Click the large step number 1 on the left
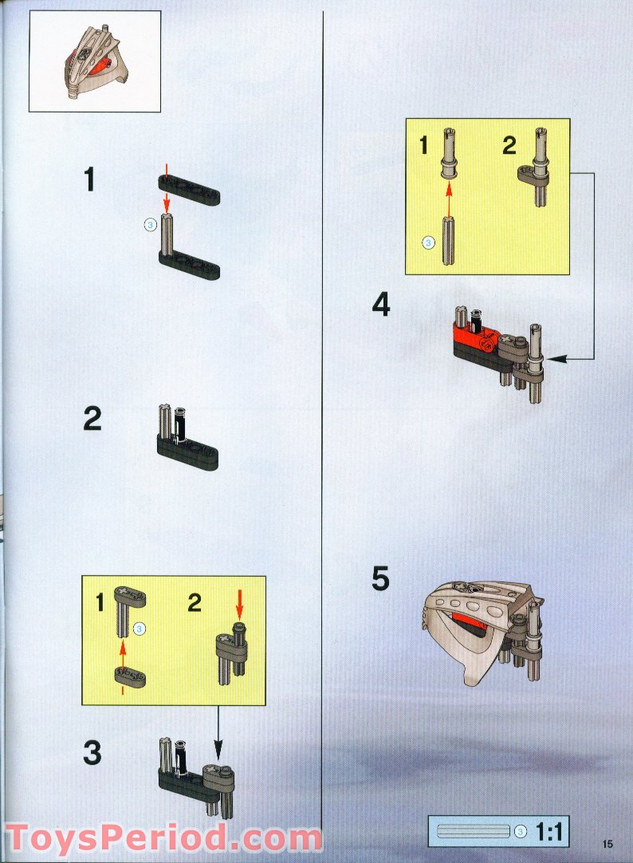(x=89, y=180)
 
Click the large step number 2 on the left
(x=92, y=419)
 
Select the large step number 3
(x=92, y=753)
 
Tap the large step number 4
(x=381, y=305)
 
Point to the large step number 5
(x=380, y=578)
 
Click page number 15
(x=607, y=844)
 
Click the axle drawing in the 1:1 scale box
(x=473, y=832)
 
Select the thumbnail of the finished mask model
(x=95, y=61)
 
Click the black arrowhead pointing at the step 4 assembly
(x=556, y=359)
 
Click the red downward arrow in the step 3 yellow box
(x=239, y=603)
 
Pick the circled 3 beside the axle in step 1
(x=150, y=224)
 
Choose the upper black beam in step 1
(x=189, y=190)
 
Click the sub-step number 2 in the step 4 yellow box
(x=509, y=146)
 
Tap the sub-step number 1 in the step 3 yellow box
(x=100, y=603)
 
